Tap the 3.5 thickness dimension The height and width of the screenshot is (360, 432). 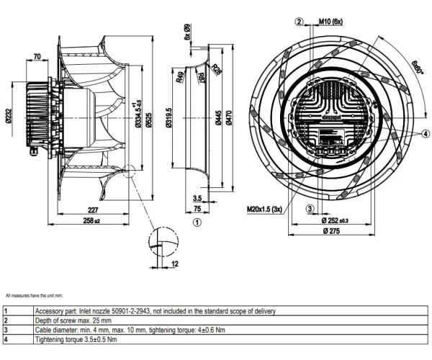click(197, 197)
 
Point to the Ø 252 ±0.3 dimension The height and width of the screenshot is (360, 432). click(333, 220)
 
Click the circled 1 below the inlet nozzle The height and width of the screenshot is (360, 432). click(197, 222)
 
